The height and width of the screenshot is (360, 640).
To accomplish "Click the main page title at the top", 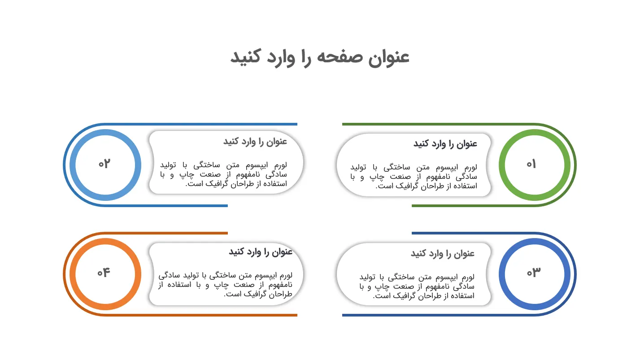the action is (320, 57).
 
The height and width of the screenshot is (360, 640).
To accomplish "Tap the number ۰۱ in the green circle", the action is (531, 164).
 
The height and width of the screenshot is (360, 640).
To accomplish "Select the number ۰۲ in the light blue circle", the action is (104, 164).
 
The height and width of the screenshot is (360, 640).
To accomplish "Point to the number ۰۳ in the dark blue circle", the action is (534, 272).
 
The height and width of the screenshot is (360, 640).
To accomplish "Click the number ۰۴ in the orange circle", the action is (104, 272).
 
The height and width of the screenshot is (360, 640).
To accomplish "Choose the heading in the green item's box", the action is (445, 144).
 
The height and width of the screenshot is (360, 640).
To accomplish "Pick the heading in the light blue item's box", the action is (255, 142).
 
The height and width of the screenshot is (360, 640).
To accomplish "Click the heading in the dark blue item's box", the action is (443, 253).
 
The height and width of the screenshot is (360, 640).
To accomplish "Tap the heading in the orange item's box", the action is (261, 252).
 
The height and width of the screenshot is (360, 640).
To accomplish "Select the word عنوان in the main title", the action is (389, 57).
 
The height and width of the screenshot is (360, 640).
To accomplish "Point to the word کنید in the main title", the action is (245, 56).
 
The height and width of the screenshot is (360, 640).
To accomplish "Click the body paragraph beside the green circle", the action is (414, 177).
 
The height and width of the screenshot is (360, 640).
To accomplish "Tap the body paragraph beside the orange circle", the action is (226, 285).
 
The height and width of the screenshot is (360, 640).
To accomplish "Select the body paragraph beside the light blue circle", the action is (223, 174).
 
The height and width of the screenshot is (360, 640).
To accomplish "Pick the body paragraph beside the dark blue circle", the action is (417, 286).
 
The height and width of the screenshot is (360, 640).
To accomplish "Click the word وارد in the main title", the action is (281, 57).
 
